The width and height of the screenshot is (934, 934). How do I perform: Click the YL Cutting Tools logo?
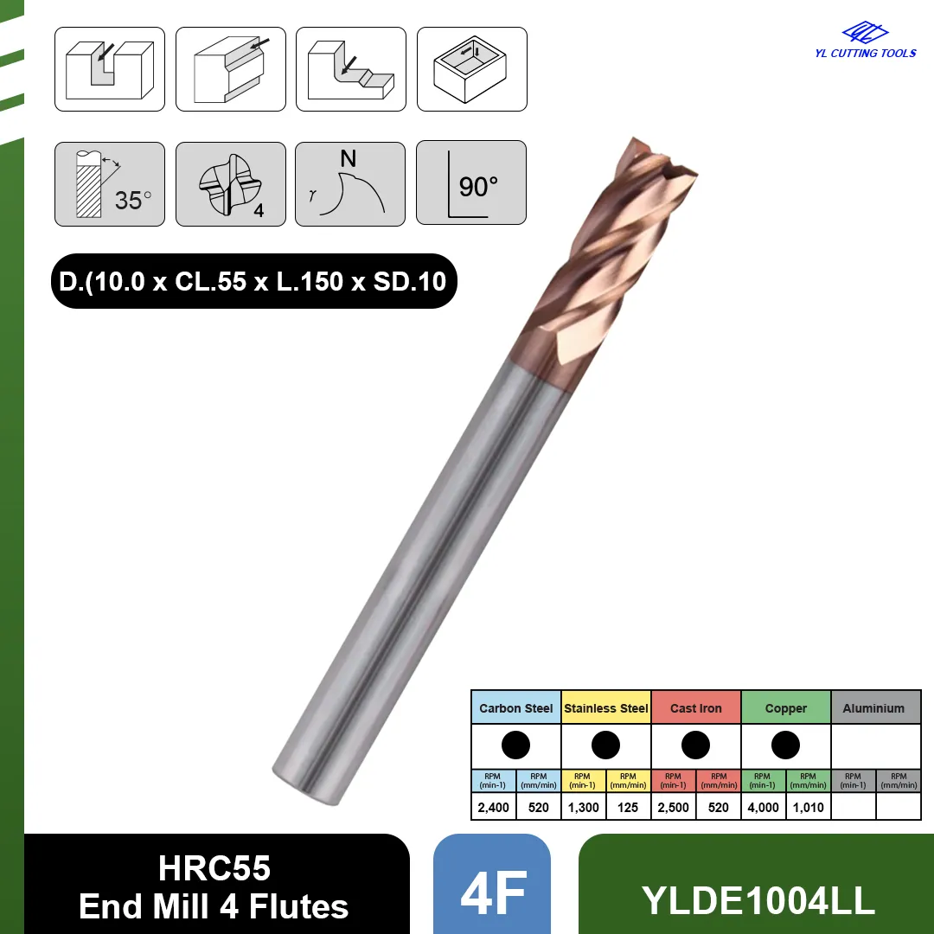click(865, 41)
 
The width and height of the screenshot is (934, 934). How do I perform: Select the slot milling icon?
click(110, 69)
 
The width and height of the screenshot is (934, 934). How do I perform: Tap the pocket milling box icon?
click(472, 69)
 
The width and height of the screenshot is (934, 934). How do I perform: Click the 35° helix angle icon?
click(110, 184)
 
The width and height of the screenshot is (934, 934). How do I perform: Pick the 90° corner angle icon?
click(471, 182)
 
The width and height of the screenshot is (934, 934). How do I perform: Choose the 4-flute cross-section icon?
click(231, 184)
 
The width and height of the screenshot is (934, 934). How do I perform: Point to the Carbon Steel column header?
click(515, 707)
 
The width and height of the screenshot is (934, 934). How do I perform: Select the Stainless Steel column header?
click(605, 707)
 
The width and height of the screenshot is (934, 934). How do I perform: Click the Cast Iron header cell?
click(695, 707)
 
